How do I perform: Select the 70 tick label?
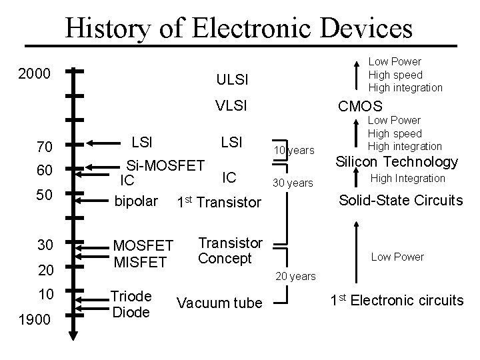44,147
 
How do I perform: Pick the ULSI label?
232,81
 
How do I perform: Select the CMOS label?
360,106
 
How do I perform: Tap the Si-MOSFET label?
165,164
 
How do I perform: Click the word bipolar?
136,201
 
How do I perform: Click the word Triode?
131,297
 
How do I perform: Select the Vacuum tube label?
219,303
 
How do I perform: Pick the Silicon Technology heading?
396,161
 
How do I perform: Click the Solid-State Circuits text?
401,200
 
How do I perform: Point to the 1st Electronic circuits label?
397,300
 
